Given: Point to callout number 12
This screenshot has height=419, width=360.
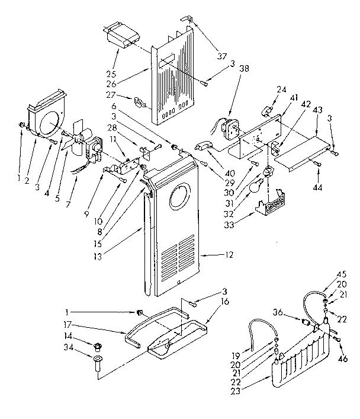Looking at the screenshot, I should coord(229,255).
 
